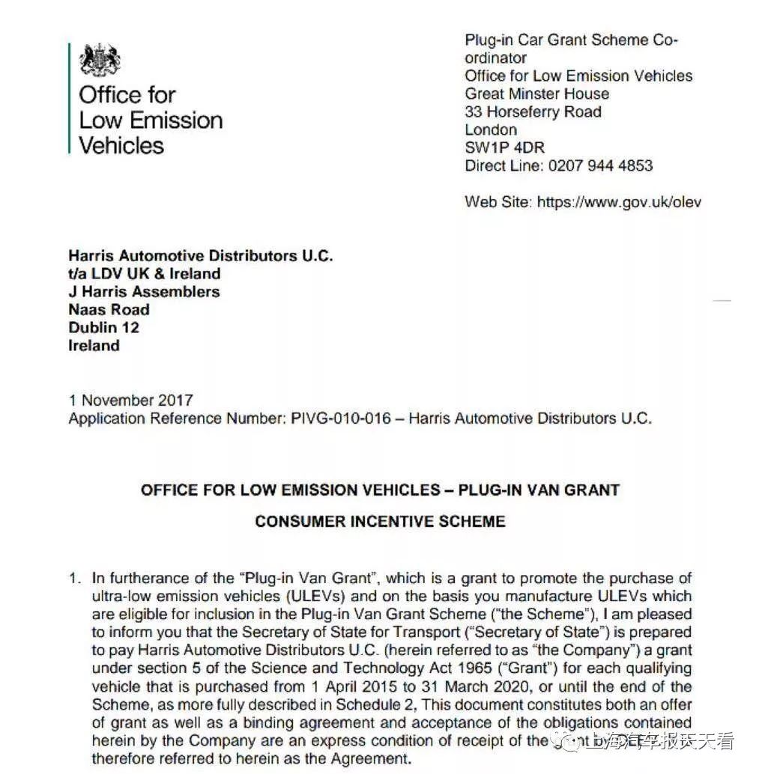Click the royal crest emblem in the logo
click(100, 59)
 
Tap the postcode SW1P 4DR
click(504, 147)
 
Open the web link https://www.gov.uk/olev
click(619, 201)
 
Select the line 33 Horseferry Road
click(533, 112)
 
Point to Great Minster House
click(536, 94)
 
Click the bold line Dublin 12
click(103, 327)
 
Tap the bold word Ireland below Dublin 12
click(94, 345)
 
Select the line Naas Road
click(109, 309)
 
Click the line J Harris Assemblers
click(144, 291)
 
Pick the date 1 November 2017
click(130, 400)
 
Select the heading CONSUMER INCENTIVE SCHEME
click(380, 521)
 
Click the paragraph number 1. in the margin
click(74, 578)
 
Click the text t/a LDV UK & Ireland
click(144, 273)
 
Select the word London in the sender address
click(491, 129)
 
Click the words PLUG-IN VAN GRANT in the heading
click(539, 490)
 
